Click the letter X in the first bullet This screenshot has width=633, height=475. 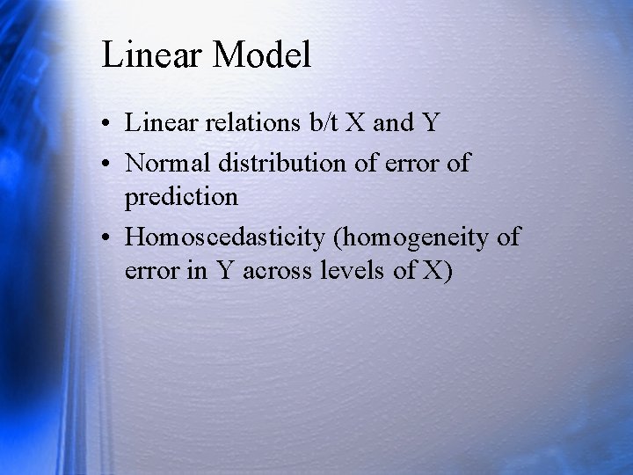pos(357,123)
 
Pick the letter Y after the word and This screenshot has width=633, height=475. pos(429,123)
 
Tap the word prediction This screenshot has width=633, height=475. pos(181,197)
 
